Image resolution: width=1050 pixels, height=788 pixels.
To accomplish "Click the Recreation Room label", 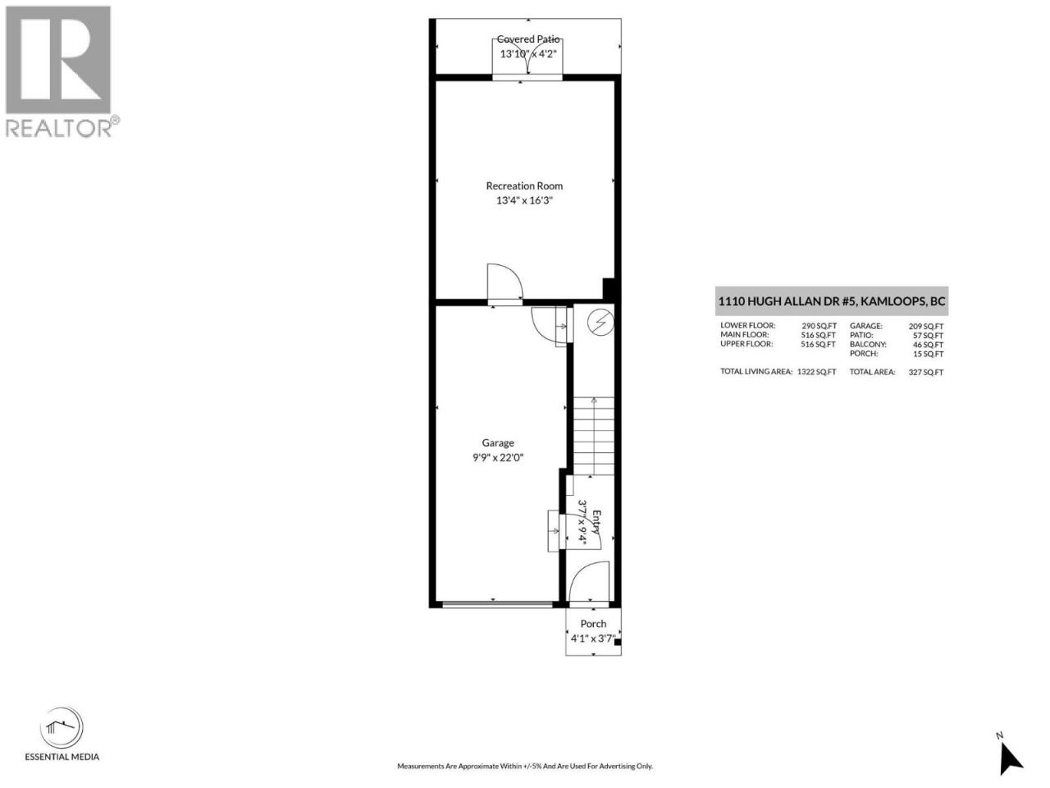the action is click(x=524, y=186).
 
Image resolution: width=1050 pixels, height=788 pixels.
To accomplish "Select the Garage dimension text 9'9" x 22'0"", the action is click(x=498, y=457).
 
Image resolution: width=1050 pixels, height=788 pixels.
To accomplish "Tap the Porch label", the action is click(x=593, y=623).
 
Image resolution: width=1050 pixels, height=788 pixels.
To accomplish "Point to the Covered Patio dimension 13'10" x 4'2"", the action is click(x=528, y=53).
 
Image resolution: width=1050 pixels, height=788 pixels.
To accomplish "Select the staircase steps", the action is click(x=594, y=436).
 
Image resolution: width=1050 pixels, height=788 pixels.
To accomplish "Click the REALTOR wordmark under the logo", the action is click(x=62, y=127).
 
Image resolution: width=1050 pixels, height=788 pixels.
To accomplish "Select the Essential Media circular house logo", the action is click(x=62, y=728).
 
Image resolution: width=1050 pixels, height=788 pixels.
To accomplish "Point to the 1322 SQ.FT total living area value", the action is click(x=816, y=372).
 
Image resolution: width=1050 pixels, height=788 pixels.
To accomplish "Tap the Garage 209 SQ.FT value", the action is click(x=926, y=327).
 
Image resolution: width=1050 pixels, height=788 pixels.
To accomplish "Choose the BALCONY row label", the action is click(x=868, y=345).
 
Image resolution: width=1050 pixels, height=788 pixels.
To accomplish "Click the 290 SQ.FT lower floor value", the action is click(x=819, y=326).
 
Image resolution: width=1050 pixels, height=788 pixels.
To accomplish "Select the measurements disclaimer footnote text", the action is click(x=525, y=766).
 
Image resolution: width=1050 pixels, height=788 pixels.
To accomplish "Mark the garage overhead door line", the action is click(x=497, y=605).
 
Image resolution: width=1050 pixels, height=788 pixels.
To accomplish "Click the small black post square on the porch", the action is click(x=618, y=642).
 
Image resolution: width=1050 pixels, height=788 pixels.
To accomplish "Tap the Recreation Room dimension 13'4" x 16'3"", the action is click(x=524, y=200).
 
